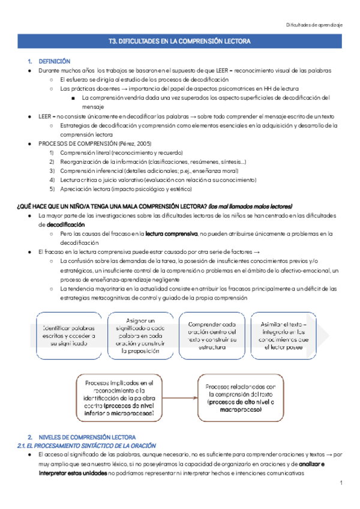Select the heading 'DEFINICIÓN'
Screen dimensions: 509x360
[55, 61]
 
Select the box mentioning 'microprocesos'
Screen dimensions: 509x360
[119, 397]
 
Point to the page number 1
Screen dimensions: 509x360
[340, 483]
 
